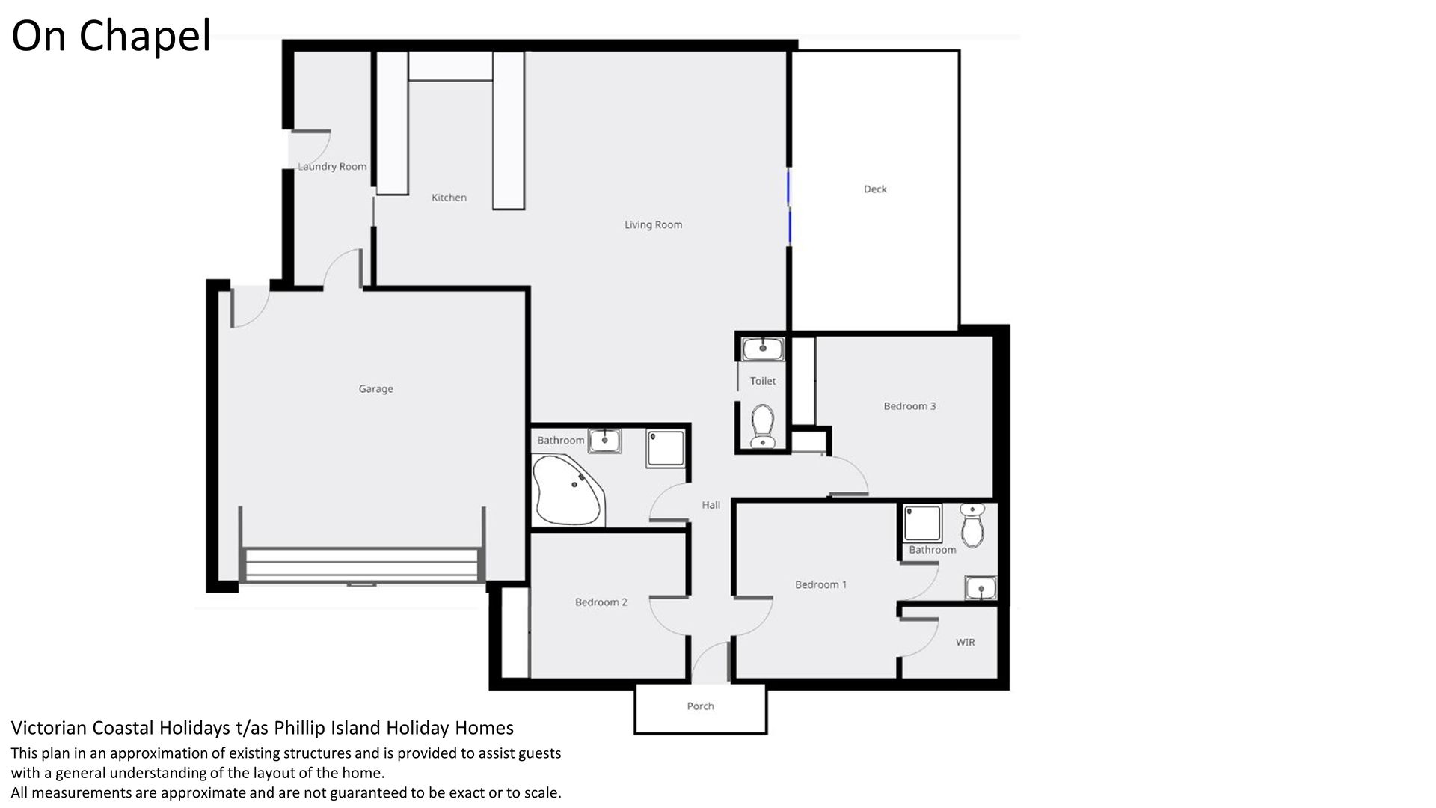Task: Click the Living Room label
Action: point(653,224)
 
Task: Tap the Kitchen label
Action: point(449,198)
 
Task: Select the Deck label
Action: point(875,189)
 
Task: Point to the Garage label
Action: point(375,388)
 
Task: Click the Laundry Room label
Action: point(332,166)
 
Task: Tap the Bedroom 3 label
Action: point(909,406)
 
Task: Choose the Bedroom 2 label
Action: point(601,602)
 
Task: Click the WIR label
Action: point(965,642)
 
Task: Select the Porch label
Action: point(700,706)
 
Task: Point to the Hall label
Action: point(711,505)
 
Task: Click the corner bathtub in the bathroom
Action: point(568,490)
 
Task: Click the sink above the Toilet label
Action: point(762,349)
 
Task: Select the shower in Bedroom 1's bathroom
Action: point(922,523)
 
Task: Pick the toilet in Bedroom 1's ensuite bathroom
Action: point(972,525)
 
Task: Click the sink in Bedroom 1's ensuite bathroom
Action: point(981,588)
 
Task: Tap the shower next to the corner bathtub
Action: point(665,448)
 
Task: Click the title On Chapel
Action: point(111,35)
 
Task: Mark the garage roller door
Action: point(361,565)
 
